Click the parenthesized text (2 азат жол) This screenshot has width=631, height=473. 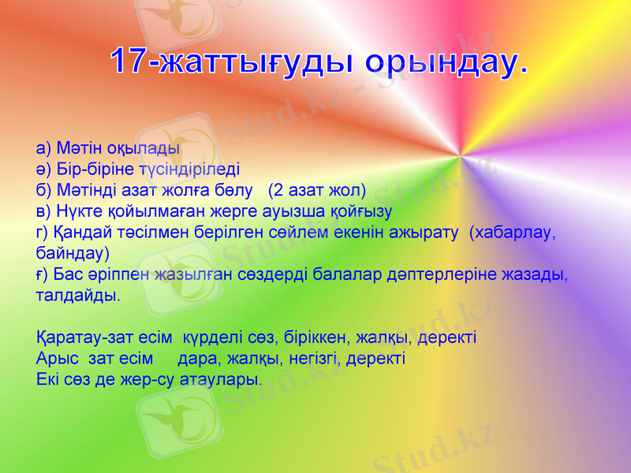pyautogui.click(x=317, y=190)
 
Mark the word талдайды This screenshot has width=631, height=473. pyautogui.click(x=78, y=296)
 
